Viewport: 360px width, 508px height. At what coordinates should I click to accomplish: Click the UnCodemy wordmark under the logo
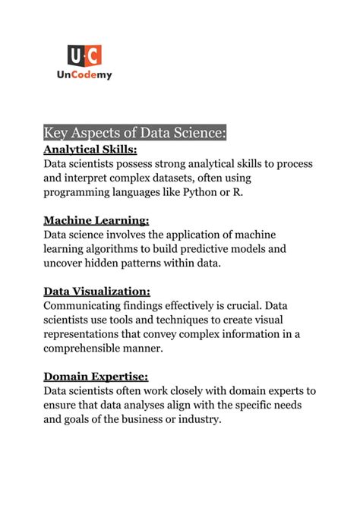tap(84, 75)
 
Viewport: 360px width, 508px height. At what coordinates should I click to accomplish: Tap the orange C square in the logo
tap(93, 55)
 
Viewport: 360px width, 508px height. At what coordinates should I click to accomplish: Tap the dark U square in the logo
tap(75, 55)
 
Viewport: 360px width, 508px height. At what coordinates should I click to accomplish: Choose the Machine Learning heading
tap(96, 221)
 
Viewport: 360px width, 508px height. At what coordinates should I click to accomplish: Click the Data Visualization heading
tap(96, 291)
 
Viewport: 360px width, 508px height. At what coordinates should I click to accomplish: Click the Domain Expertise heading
tap(96, 376)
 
